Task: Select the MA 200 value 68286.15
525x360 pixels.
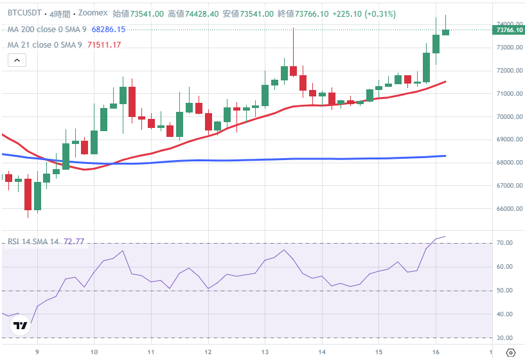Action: point(109,30)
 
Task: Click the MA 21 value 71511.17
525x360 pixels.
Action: point(105,44)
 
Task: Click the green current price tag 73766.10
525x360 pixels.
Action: point(507,30)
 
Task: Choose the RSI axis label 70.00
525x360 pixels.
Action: point(504,243)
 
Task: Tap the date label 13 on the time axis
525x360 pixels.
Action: point(265,352)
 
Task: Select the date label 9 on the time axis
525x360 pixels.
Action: point(37,352)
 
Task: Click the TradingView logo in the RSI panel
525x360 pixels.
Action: point(21,326)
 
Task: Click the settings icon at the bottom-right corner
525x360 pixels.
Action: point(510,352)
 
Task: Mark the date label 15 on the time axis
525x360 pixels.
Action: point(379,352)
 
